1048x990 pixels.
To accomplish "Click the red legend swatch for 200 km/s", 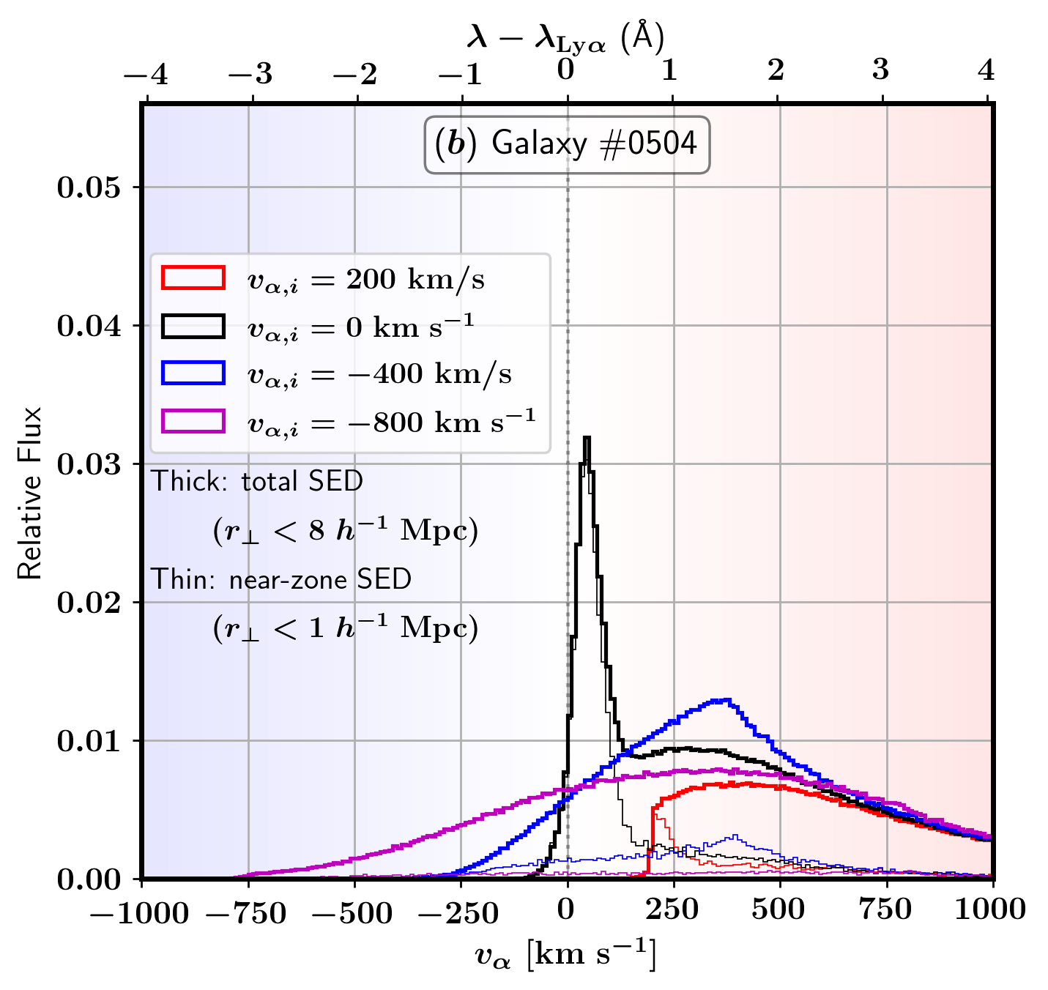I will [193, 278].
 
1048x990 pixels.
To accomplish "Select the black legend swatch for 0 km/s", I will [193, 326].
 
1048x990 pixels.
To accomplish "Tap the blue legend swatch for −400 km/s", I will [193, 373].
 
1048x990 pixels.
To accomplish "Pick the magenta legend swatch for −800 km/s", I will [193, 421].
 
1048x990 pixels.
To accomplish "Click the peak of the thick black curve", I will [586, 438].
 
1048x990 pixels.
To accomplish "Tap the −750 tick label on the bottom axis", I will [247, 912].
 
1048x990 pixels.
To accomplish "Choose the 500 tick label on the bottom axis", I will [778, 910].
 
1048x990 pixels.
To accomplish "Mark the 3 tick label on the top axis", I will [881, 70].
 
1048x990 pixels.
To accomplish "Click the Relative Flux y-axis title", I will [30, 492].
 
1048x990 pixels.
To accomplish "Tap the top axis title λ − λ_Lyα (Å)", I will [565, 37].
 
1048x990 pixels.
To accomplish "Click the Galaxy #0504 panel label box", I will [567, 144].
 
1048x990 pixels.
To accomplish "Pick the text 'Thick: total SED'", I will [257, 481].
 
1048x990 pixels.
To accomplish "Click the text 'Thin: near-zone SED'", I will [281, 579].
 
